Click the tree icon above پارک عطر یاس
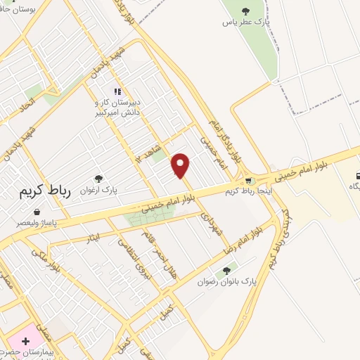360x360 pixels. pyautogui.click(x=245, y=11)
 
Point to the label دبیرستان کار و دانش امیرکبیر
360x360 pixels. pyautogui.click(x=117, y=107)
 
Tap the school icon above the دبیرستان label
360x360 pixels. pyautogui.click(x=117, y=91)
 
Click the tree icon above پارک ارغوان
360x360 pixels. pyautogui.click(x=98, y=179)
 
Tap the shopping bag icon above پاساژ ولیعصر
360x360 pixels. pyautogui.click(x=36, y=211)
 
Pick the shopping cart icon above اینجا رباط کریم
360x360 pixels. pyautogui.click(x=247, y=180)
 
